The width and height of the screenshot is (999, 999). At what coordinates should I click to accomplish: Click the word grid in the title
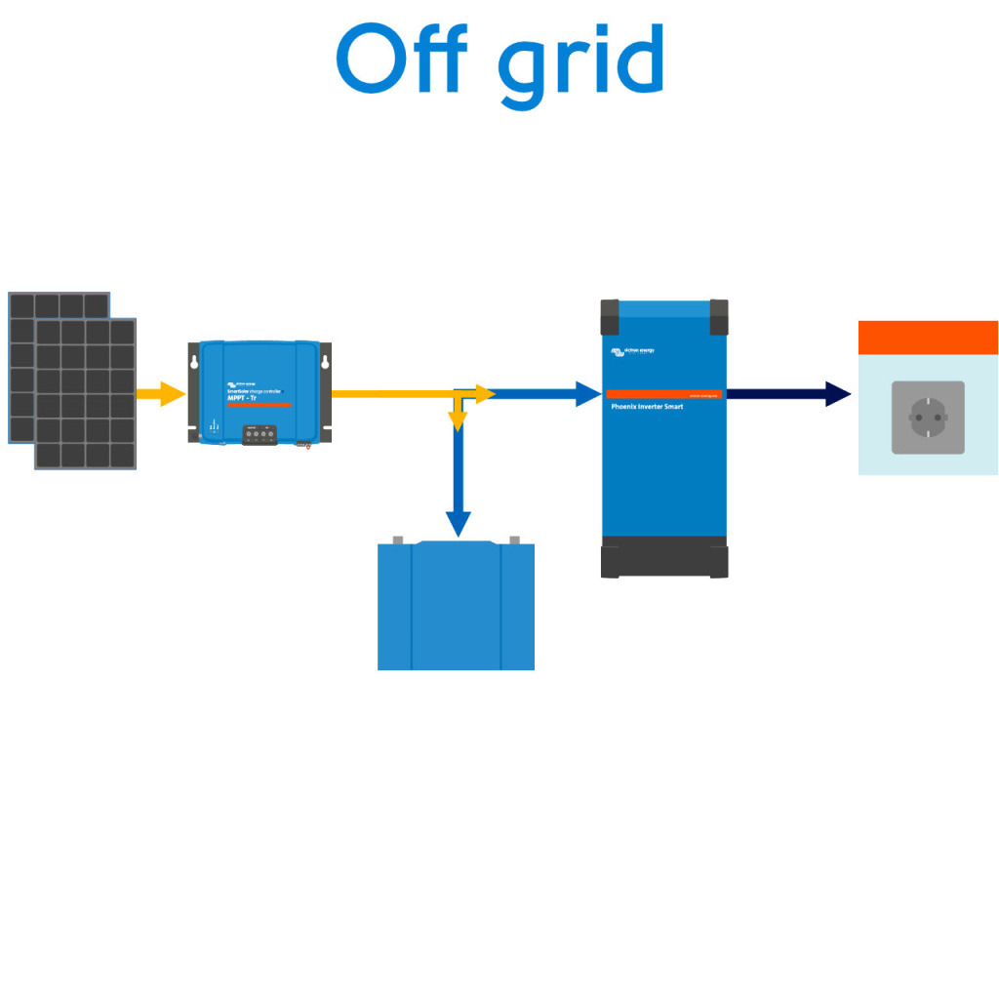(581, 64)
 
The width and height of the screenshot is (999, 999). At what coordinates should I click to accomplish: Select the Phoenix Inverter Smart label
(647, 406)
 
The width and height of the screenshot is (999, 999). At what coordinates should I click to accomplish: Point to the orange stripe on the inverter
(663, 394)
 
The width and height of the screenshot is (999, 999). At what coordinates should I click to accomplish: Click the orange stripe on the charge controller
(259, 405)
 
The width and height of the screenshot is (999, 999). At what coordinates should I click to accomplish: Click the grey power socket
(928, 418)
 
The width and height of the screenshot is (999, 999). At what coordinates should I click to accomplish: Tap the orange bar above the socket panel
(928, 338)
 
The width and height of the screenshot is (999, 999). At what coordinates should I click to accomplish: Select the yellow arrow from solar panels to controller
(160, 394)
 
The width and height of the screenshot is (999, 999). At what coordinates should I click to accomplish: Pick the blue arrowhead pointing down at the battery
(458, 524)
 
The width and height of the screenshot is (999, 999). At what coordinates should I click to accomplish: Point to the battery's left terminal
(397, 539)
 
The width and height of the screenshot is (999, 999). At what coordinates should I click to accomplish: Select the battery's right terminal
(514, 539)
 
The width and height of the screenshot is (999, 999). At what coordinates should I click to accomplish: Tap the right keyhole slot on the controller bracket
(325, 363)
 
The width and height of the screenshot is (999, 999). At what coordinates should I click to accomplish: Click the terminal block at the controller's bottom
(259, 435)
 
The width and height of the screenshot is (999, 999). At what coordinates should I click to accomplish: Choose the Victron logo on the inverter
(632, 351)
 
